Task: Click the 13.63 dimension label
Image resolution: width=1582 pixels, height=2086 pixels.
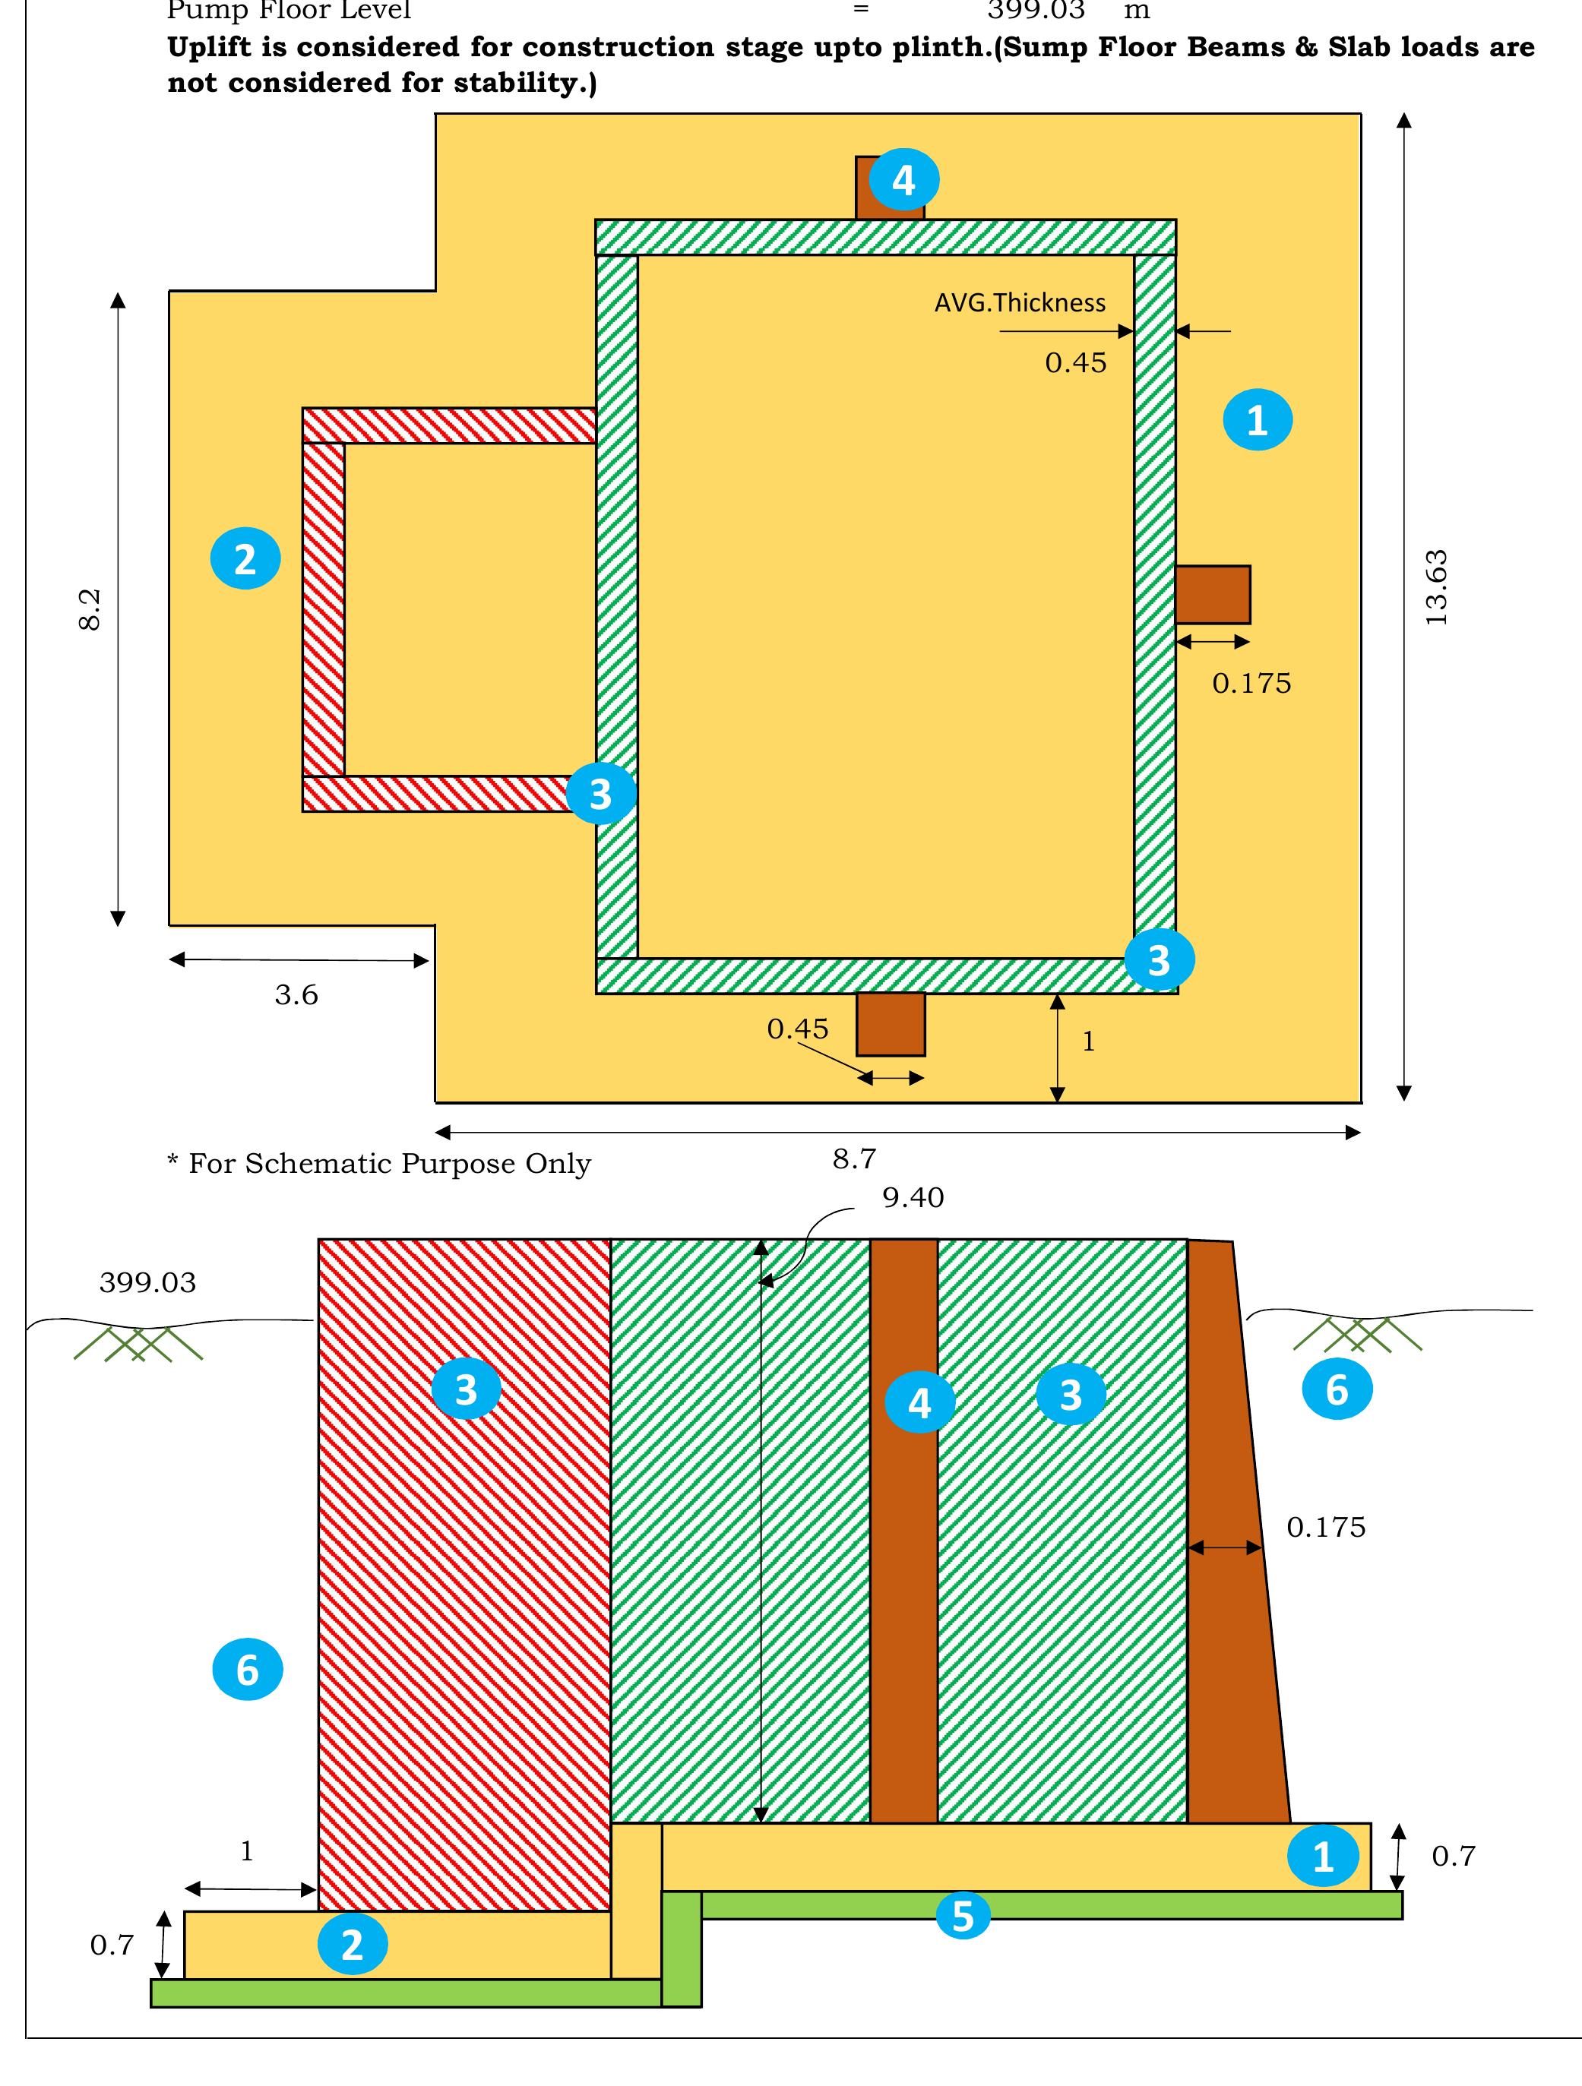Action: pyautogui.click(x=1436, y=587)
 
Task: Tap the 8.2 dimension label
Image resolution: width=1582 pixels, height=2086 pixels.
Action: pyautogui.click(x=90, y=609)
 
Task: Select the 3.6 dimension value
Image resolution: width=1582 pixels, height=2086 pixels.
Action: pyautogui.click(x=296, y=995)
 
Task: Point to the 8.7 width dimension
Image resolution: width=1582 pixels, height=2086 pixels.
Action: pyautogui.click(x=855, y=1159)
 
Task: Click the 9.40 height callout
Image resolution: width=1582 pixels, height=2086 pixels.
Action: pyautogui.click(x=913, y=1198)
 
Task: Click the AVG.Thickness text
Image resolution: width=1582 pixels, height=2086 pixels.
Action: pyautogui.click(x=1020, y=302)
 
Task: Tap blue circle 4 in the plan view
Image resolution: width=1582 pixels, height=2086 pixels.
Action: pyautogui.click(x=903, y=179)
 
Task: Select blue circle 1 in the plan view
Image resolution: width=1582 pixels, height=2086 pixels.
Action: pyautogui.click(x=1258, y=419)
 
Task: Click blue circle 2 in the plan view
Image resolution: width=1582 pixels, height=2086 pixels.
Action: pyautogui.click(x=245, y=559)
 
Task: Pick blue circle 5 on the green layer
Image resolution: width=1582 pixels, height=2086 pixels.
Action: pyautogui.click(x=962, y=1917)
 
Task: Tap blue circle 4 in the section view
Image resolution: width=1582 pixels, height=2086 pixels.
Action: pyautogui.click(x=919, y=1402)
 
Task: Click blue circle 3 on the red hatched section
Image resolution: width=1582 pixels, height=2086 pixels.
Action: pyautogui.click(x=466, y=1389)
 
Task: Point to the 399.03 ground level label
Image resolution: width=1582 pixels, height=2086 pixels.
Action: pyautogui.click(x=148, y=1282)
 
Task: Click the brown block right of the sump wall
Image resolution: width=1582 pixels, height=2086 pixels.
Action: pyautogui.click(x=1213, y=595)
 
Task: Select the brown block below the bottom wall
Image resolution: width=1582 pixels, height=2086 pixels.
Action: pyautogui.click(x=891, y=1024)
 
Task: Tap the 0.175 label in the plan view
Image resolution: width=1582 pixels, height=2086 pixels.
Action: pyautogui.click(x=1251, y=684)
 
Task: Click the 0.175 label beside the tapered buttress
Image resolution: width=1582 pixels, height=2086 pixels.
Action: pyautogui.click(x=1325, y=1527)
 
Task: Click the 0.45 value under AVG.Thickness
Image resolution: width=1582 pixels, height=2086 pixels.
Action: pyautogui.click(x=1075, y=363)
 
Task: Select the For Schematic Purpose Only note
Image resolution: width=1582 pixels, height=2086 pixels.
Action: pyautogui.click(x=379, y=1164)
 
